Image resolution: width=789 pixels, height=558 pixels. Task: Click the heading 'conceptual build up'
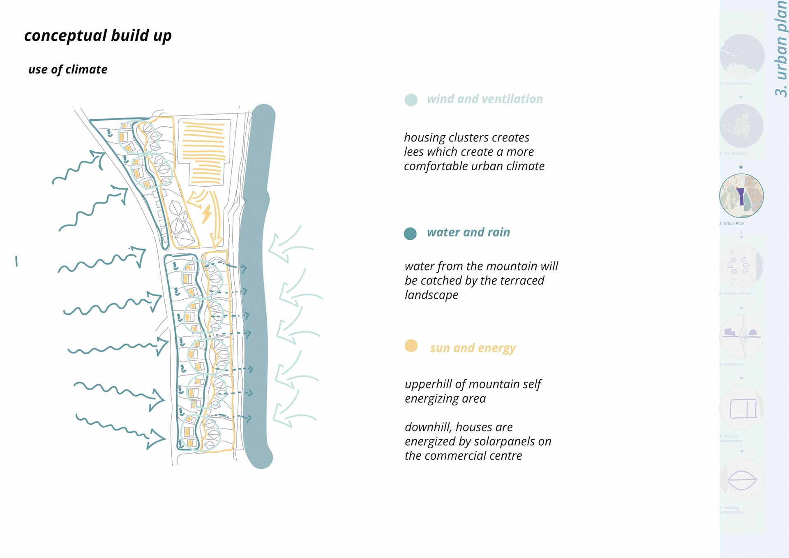pos(98,36)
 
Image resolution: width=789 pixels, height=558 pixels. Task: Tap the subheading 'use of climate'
pos(68,69)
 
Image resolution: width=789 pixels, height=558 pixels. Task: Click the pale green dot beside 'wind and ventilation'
pos(411,100)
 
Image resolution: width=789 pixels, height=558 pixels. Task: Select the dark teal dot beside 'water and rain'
pos(410,234)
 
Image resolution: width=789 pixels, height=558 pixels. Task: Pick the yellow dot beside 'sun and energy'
pos(411,346)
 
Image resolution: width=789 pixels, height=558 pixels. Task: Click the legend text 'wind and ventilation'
pos(484,99)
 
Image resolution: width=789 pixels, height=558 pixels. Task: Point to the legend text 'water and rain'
pos(468,232)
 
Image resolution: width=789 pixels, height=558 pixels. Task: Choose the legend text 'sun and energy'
pos(473,348)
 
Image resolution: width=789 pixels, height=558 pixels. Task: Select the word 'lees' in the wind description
pos(414,152)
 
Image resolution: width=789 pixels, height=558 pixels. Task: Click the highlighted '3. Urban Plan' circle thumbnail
pos(741,196)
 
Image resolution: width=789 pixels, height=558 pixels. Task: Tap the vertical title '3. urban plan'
pos(780,49)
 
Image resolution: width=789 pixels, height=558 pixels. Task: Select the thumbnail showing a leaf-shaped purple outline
pos(742,479)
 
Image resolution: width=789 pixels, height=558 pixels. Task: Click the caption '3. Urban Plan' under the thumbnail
pos(731,223)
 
